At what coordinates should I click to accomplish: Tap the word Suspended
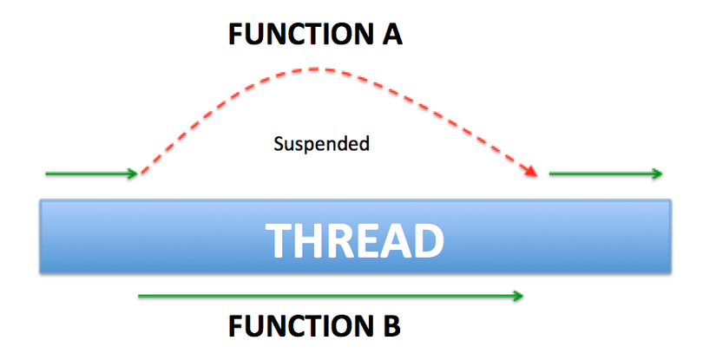point(321,144)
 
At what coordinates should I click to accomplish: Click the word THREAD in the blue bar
point(353,239)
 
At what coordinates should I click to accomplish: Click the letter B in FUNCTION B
point(390,327)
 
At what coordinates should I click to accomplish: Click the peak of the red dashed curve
point(317,68)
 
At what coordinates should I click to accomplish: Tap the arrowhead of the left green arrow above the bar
point(134,174)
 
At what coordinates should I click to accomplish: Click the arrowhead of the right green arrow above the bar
point(659,174)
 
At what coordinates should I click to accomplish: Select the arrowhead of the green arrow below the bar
point(518,297)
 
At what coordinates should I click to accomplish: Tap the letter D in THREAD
point(424,239)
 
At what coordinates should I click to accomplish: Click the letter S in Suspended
point(278,143)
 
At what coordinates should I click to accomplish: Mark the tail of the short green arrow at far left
point(47,174)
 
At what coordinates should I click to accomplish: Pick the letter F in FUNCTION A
point(235,36)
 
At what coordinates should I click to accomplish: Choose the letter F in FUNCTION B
point(235,327)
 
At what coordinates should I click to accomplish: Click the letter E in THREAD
point(365,239)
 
